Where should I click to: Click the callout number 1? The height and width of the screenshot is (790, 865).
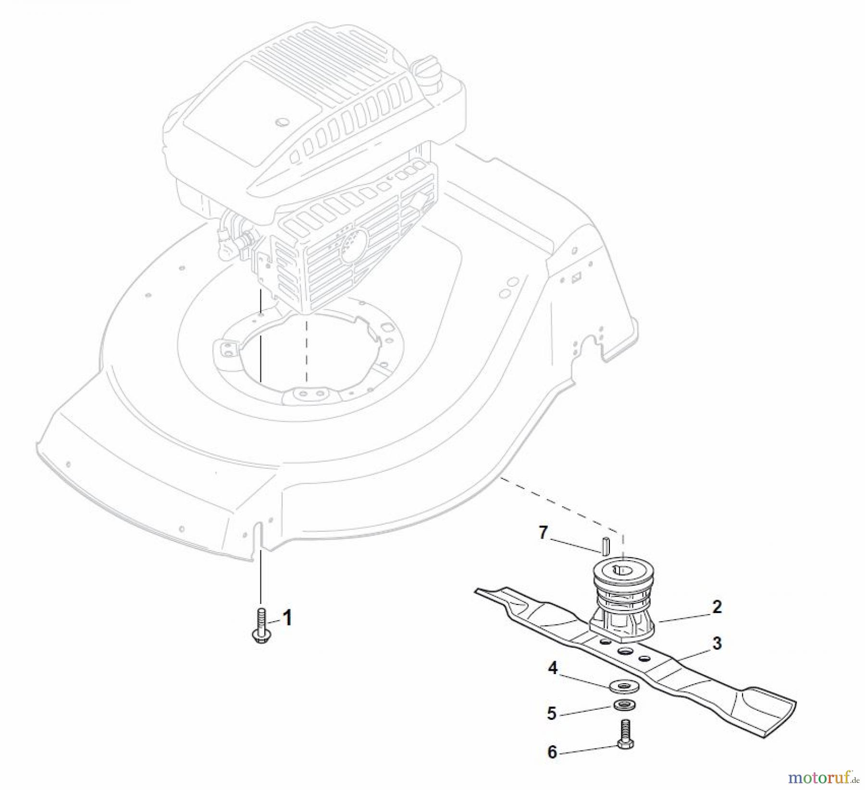(287, 618)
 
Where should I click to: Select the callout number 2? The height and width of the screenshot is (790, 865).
(717, 607)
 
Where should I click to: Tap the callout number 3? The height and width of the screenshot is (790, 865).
(717, 643)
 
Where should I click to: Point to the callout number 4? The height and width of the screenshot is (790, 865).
(553, 668)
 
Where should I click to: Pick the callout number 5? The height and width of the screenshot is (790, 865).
(552, 713)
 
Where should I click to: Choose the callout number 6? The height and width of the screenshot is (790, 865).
(552, 752)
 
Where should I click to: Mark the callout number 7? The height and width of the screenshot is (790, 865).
(543, 532)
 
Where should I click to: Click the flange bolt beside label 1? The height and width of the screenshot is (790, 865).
(260, 625)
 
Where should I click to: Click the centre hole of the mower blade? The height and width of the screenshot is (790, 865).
(625, 651)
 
